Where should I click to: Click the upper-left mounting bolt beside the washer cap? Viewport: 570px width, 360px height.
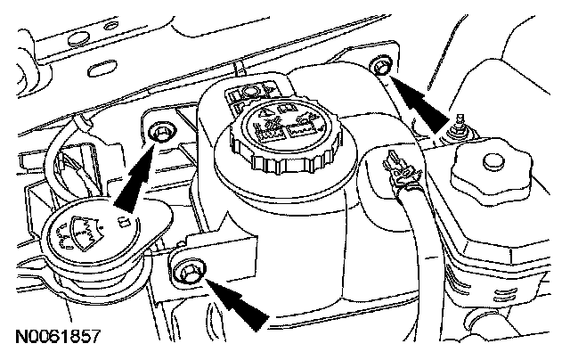click(161, 132)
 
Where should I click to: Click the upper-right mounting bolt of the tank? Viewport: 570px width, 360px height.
click(381, 65)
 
